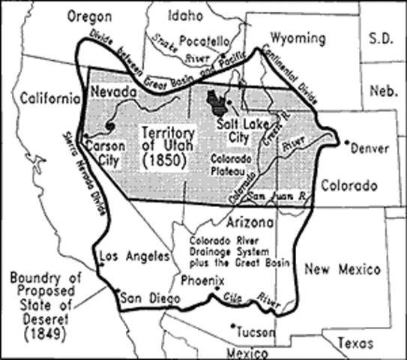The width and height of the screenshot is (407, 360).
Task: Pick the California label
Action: [50, 98]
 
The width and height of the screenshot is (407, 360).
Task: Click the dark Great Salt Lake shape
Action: [215, 100]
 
